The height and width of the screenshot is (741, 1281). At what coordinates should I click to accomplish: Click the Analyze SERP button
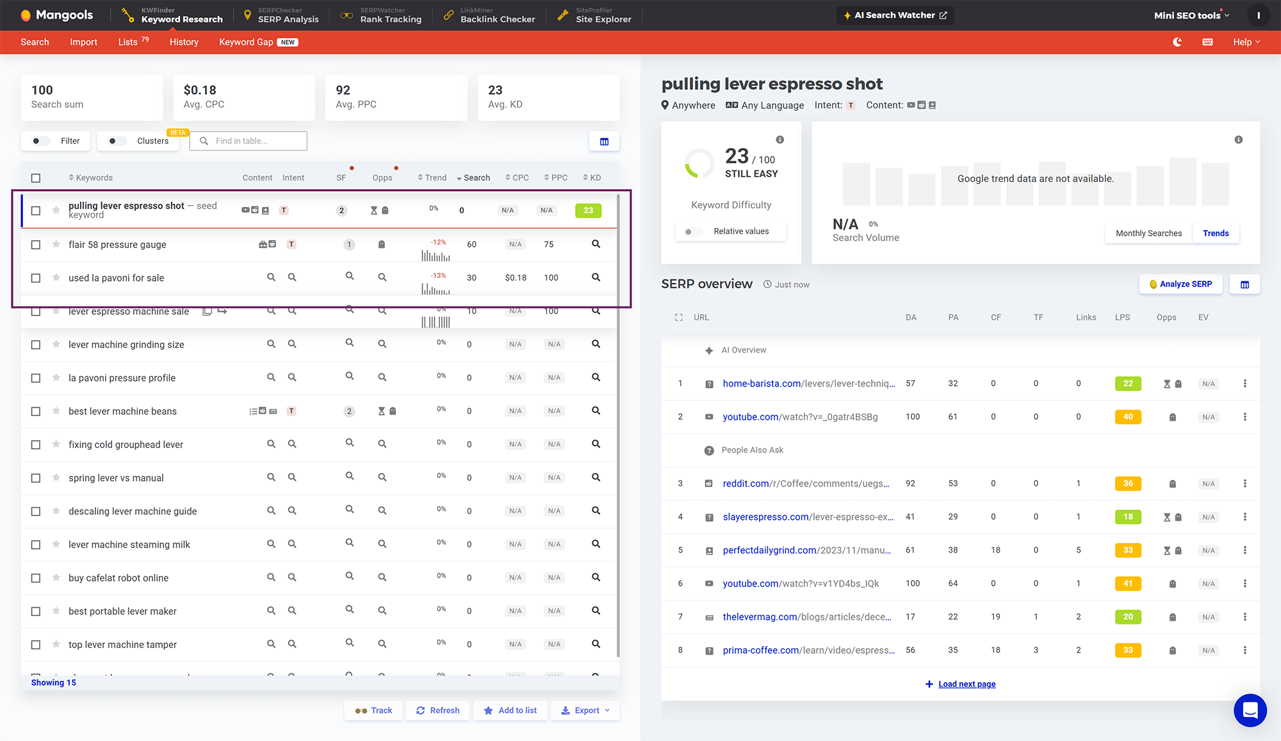(1180, 284)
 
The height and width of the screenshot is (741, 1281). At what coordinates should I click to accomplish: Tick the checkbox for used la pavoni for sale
(36, 278)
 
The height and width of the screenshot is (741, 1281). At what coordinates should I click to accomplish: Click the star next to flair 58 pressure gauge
(56, 244)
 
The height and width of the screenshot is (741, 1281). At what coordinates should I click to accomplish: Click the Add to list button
(510, 710)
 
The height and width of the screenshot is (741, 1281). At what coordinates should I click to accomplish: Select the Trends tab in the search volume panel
(1215, 233)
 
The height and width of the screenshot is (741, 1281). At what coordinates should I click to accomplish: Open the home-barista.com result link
(762, 383)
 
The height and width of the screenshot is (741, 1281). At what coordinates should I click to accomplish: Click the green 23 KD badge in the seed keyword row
(588, 210)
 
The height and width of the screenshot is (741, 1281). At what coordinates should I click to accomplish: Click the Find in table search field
(255, 141)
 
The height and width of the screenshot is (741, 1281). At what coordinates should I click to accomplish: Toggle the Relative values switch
(689, 231)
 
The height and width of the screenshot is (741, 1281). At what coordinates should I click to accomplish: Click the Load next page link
(967, 684)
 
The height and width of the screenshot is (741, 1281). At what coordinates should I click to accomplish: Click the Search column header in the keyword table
(476, 178)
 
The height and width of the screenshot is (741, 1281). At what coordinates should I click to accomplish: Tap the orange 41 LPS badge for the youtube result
(1127, 583)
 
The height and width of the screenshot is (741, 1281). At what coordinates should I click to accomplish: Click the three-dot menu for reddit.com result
(1244, 483)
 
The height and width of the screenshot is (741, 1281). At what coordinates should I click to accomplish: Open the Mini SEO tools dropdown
(1191, 15)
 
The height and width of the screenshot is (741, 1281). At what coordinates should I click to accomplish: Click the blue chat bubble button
(1250, 710)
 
